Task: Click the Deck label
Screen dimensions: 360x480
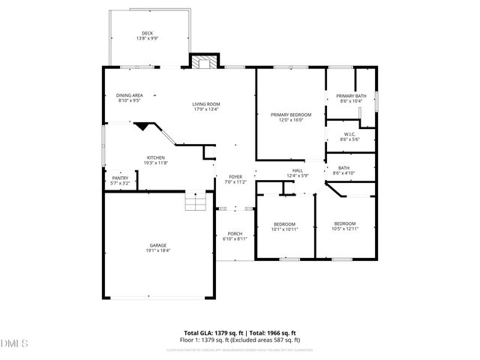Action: tap(147, 33)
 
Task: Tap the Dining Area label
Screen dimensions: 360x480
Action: tap(130, 95)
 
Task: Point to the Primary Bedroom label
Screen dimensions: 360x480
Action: tap(290, 115)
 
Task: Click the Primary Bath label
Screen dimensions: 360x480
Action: tap(351, 96)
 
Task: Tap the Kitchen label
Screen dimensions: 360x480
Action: tap(155, 157)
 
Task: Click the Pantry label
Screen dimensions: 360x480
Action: tap(120, 178)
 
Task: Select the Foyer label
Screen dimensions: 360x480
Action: tap(235, 176)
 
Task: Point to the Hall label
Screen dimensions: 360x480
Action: tap(298, 170)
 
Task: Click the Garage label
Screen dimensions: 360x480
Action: tap(157, 245)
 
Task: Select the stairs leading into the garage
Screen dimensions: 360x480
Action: tap(195, 202)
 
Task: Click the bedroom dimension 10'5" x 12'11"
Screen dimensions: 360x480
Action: tap(345, 229)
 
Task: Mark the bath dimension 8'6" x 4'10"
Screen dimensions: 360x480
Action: tap(345, 173)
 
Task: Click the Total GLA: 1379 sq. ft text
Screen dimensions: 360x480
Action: tap(212, 332)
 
